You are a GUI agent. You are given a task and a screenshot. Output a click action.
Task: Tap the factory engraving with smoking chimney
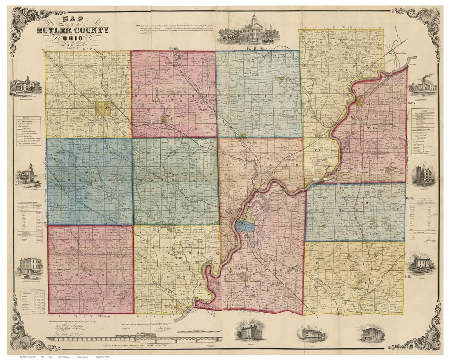tap(422, 85)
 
